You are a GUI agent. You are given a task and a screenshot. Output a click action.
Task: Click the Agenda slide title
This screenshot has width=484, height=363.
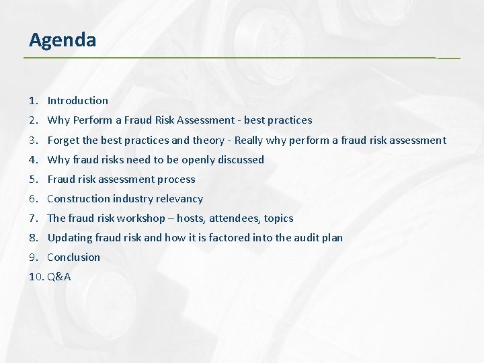63,40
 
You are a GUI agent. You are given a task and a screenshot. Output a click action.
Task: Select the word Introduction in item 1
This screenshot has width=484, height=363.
77,101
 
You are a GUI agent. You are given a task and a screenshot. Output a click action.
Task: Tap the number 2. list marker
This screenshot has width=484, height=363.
33,120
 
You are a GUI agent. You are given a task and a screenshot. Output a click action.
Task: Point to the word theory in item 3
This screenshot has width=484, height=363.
208,140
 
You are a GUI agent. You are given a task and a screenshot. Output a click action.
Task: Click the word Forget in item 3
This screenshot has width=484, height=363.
64,140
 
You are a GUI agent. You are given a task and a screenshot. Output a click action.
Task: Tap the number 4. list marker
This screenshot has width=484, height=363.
33,159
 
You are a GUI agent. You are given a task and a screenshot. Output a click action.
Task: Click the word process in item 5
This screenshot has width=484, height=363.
176,179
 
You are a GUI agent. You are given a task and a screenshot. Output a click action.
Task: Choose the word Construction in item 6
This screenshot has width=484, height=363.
79,198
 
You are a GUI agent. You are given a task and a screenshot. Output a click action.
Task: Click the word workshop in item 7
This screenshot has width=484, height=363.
140,218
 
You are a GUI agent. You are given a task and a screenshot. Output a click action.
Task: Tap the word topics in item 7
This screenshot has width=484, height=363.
278,218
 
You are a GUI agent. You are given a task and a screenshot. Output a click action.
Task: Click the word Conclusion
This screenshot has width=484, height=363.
73,257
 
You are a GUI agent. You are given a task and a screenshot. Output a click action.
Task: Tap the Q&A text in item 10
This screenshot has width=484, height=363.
59,276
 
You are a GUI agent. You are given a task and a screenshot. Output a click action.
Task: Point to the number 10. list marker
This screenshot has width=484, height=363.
36,276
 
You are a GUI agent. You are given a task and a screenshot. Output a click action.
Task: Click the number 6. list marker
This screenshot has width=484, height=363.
33,198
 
